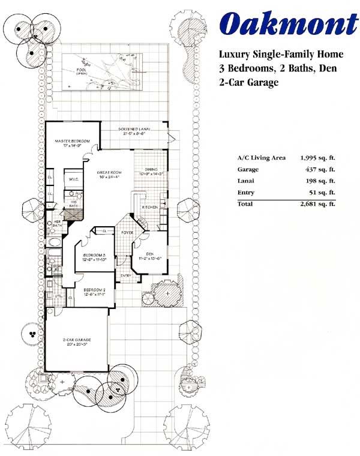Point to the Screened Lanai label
pos(133,130)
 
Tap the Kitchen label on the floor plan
pos(149,207)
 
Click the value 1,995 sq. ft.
pos(317,158)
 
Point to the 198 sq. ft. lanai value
pos(322,181)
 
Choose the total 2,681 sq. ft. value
pos(317,204)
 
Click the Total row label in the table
pos(245,204)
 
